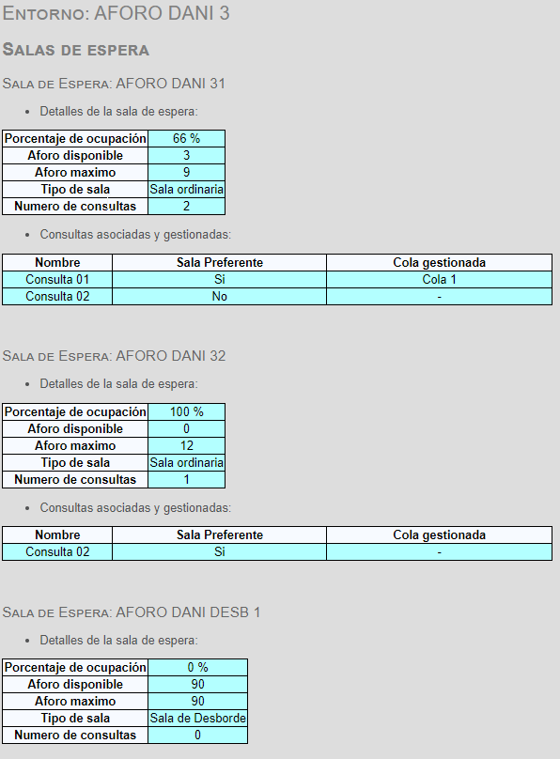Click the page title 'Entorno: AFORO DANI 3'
[x=116, y=13]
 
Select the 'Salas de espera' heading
[x=75, y=50]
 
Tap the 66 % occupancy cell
[x=186, y=138]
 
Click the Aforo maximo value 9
[x=186, y=172]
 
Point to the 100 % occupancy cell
[x=186, y=412]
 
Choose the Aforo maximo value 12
[x=186, y=446]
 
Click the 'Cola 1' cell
[x=439, y=279]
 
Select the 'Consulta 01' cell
[x=57, y=279]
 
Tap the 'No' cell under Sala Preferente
[x=219, y=296]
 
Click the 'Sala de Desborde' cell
[x=197, y=718]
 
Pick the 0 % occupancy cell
[x=197, y=668]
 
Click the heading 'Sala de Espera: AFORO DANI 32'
[x=114, y=356]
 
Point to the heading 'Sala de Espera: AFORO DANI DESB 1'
[x=132, y=612]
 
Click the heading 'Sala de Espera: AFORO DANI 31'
[x=114, y=84]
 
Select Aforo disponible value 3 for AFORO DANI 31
[x=186, y=155]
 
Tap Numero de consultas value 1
[x=186, y=480]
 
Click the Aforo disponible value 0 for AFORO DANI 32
[x=186, y=429]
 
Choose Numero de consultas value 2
[x=186, y=207]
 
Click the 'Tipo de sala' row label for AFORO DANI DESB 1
[x=75, y=718]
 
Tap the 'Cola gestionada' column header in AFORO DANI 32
[x=439, y=534]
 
